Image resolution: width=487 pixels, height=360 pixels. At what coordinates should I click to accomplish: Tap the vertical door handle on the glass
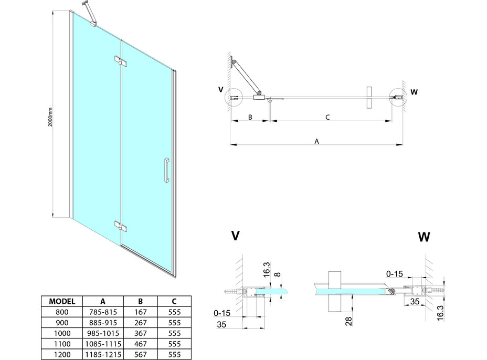coord(166,169)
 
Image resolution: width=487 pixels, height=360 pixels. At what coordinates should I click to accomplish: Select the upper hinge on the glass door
coord(120,61)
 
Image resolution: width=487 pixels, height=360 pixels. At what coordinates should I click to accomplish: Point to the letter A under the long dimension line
coord(316,141)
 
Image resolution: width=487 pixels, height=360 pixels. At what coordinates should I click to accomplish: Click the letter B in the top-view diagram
coord(250,117)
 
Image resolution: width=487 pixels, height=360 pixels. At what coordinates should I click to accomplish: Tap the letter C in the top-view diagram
coord(327,117)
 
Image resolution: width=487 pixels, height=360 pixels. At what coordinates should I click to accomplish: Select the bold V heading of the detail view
coord(236,236)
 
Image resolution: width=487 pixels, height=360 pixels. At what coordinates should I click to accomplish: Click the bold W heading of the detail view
coord(424,237)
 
